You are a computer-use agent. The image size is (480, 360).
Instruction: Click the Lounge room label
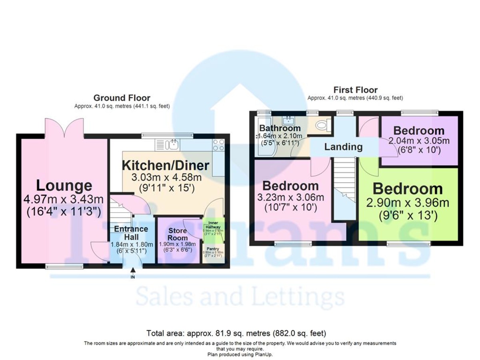coord(64,186)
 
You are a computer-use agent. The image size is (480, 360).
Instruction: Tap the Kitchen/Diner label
coord(165,165)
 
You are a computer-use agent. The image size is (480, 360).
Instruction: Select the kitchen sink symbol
coord(174,144)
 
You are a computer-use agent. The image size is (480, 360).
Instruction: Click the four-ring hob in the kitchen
coord(218,145)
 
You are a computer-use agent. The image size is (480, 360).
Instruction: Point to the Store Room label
coord(178,234)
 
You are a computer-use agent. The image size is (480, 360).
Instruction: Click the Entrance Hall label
coord(131,233)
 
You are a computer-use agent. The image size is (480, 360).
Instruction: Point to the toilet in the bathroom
coord(322,126)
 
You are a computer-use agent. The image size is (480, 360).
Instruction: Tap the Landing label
coord(343,147)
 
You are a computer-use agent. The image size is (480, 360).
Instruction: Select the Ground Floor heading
coord(122,98)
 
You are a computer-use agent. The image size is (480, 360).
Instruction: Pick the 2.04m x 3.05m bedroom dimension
coord(418,141)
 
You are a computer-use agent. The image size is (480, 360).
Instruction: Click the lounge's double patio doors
coord(64,127)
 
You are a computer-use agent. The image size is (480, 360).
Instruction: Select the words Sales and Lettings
coord(240,297)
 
